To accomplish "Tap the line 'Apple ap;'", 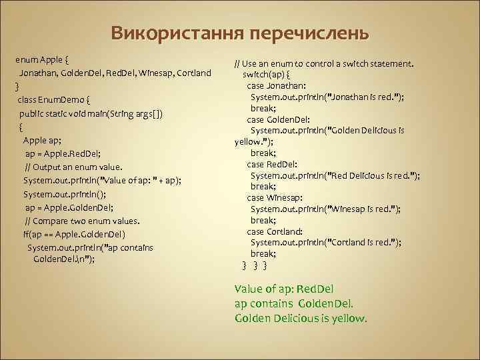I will [x=43, y=140].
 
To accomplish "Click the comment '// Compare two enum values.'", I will [x=82, y=221].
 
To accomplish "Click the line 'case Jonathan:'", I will [x=277, y=85].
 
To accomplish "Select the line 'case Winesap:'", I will [x=275, y=198].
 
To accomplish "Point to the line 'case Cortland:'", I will [x=275, y=231].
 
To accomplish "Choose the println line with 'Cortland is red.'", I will [x=325, y=243].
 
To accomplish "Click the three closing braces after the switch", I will [x=255, y=265].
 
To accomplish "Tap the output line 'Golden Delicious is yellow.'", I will [x=301, y=318].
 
